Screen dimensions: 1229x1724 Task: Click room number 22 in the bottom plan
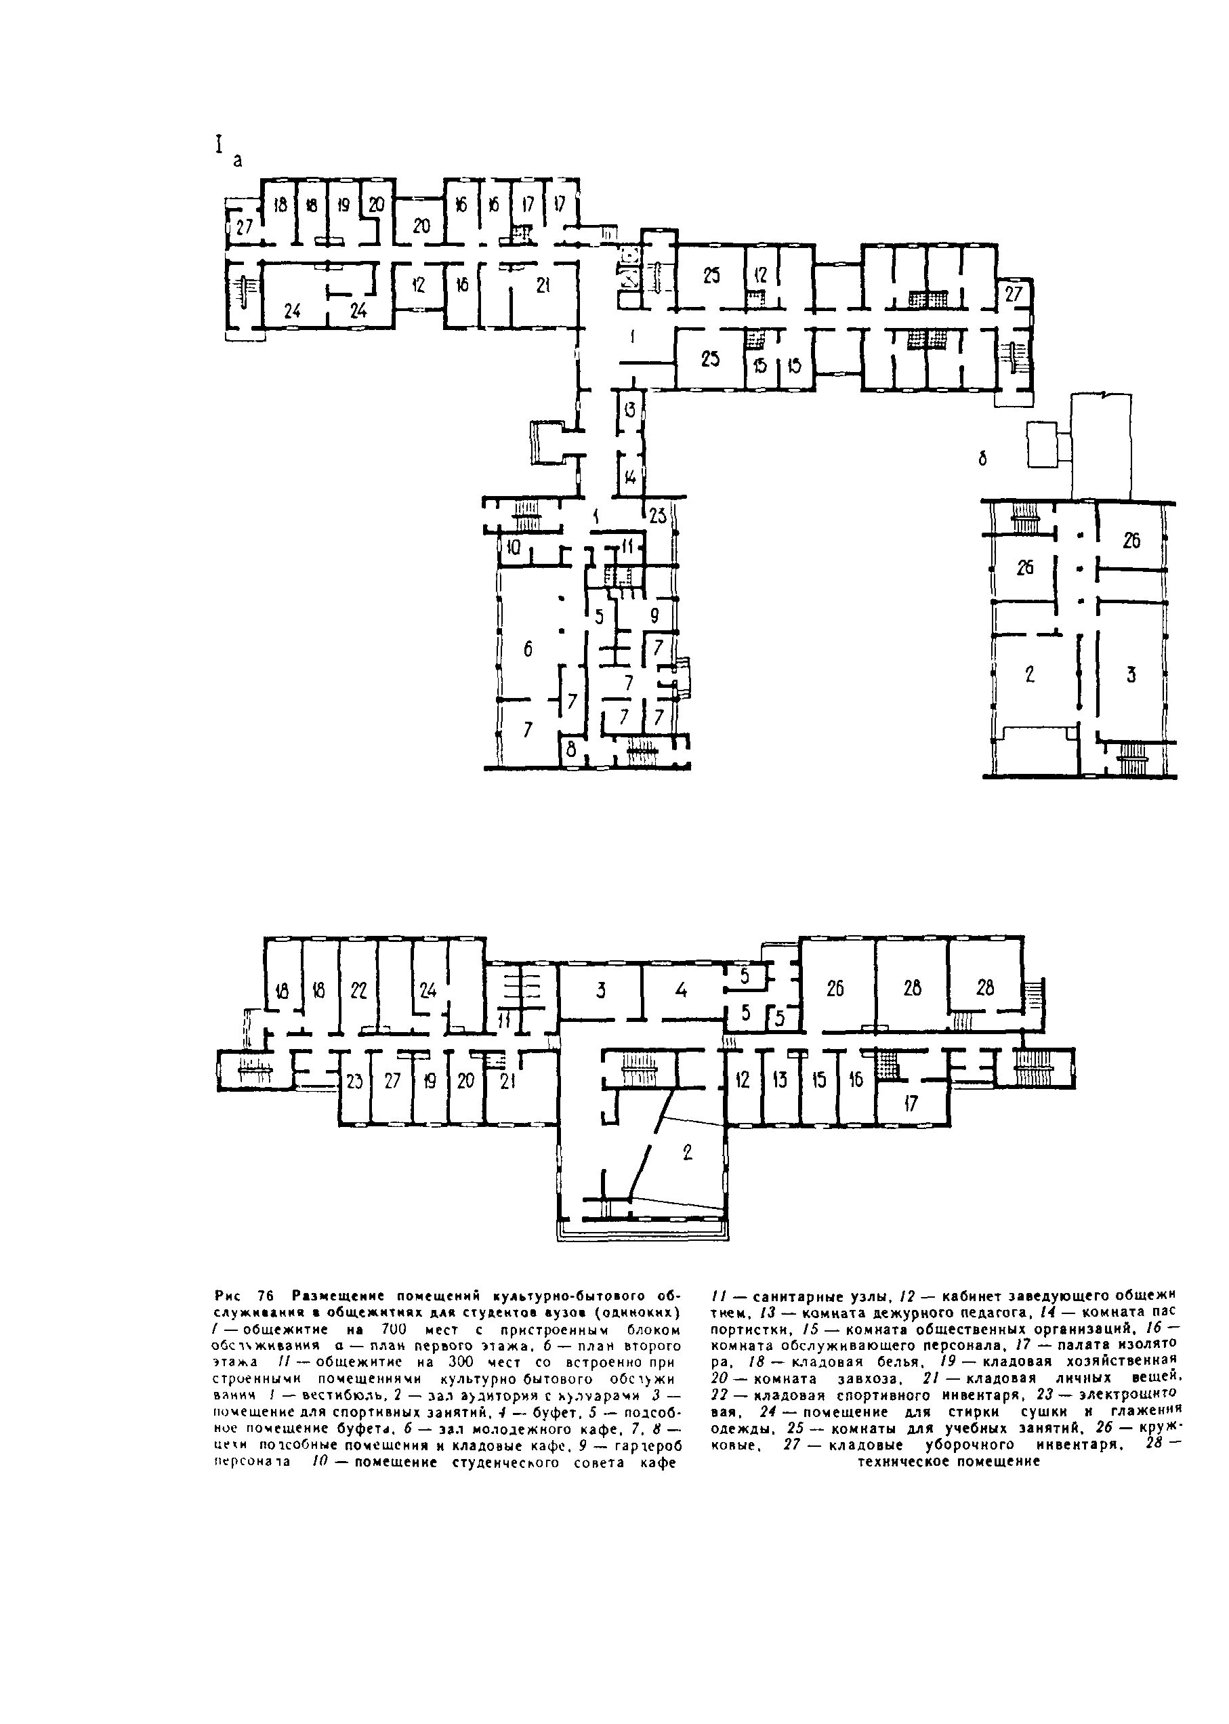(x=358, y=990)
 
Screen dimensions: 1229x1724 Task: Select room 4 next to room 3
(x=681, y=989)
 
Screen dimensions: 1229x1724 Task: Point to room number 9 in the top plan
(x=654, y=617)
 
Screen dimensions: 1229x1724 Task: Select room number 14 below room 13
(x=629, y=478)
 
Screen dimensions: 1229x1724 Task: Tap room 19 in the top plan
(x=343, y=205)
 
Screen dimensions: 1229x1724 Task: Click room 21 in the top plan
(x=543, y=285)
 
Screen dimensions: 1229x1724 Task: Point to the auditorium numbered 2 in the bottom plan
(x=687, y=1153)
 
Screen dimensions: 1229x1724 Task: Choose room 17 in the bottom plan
(x=911, y=1104)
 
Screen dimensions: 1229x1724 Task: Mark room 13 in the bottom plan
(x=780, y=1081)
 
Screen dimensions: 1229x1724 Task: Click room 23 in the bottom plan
(x=354, y=1081)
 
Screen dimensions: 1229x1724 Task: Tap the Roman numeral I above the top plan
(x=219, y=144)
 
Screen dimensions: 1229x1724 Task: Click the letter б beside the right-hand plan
(x=983, y=459)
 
